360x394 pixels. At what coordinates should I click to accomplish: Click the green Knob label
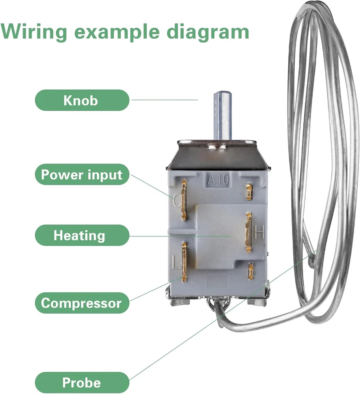[82, 100]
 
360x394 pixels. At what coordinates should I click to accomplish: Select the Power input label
[82, 175]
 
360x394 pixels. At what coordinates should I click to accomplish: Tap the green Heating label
[82, 235]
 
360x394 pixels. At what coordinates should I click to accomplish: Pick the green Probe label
[82, 382]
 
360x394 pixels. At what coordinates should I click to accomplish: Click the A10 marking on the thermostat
[218, 180]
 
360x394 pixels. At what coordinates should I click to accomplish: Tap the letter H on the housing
[259, 232]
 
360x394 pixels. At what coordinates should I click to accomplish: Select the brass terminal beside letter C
[184, 200]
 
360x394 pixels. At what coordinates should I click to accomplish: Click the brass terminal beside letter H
[248, 232]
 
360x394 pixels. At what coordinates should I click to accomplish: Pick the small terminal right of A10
[248, 191]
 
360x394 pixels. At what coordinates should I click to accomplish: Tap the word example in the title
[118, 31]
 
